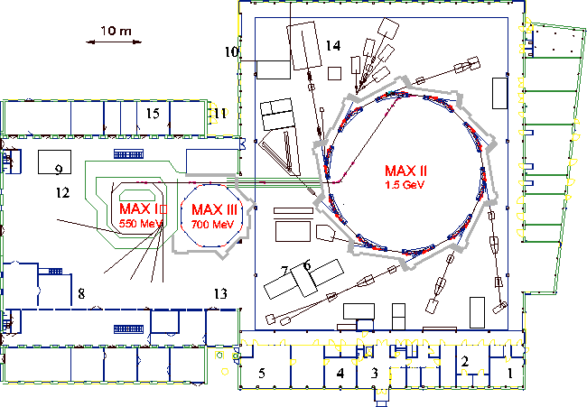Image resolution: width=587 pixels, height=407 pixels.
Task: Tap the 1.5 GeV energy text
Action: (405, 184)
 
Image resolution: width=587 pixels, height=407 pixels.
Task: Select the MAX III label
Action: (215, 210)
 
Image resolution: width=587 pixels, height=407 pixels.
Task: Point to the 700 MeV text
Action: (212, 225)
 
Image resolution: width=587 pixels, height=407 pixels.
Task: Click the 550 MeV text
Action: (141, 224)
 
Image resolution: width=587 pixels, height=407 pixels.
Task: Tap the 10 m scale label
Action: (116, 31)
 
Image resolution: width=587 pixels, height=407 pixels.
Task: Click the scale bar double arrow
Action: (114, 42)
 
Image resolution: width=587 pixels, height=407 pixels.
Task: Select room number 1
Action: (509, 373)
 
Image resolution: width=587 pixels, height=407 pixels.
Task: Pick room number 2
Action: (465, 361)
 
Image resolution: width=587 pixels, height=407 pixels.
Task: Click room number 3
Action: (375, 373)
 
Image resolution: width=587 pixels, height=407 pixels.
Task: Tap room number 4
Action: (340, 373)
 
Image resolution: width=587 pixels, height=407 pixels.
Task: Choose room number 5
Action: (262, 373)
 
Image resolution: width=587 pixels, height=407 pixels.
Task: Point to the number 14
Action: (333, 46)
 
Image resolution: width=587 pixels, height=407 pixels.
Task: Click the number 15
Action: (153, 114)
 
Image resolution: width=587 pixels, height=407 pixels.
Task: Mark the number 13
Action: (220, 293)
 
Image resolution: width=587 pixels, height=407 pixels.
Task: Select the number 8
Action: (81, 293)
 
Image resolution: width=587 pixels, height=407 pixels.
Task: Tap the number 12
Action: (62, 192)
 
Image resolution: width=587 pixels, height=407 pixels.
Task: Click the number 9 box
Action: (55, 162)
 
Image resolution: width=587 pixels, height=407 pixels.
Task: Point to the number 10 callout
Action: (231, 51)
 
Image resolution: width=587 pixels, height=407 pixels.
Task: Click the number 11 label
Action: (220, 113)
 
